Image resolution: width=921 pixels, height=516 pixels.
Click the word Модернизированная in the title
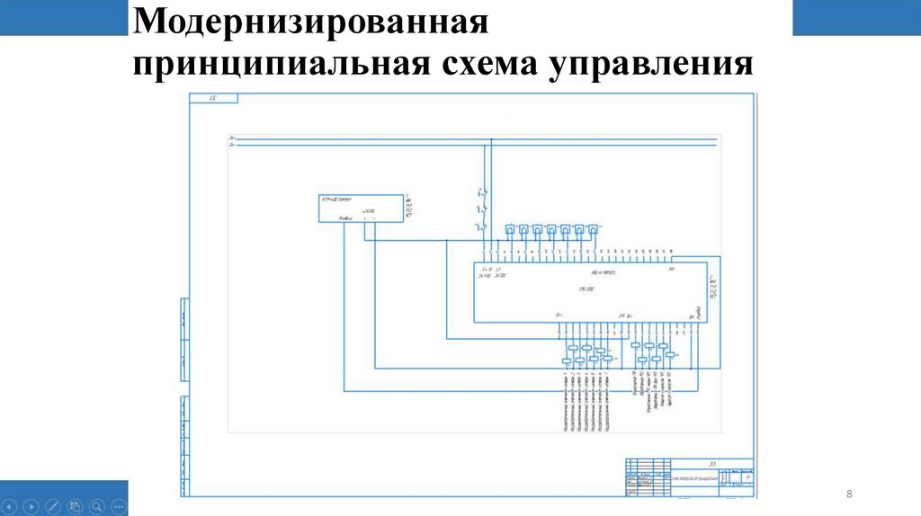pos(309,22)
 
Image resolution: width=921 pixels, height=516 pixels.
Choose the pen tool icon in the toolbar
pos(52,505)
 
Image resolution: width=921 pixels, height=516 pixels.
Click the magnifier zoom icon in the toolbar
pos(97,505)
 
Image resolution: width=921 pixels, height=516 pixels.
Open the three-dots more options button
pos(119,505)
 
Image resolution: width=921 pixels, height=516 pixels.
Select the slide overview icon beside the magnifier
pos(75,505)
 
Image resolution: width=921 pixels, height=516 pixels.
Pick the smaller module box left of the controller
pos(361,208)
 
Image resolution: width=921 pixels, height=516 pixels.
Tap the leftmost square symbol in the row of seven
pos(510,229)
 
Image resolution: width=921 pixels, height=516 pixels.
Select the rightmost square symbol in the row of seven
pos(594,229)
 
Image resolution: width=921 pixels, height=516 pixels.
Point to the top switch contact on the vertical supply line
pos(482,191)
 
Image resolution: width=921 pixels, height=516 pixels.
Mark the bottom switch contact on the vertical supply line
pos(482,229)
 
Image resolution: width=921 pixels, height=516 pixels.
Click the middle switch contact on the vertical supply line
pos(482,210)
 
